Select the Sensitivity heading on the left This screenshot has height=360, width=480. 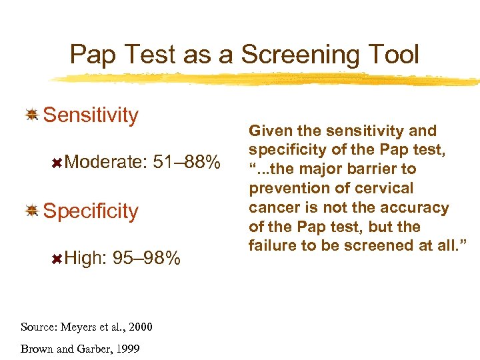pos(91,115)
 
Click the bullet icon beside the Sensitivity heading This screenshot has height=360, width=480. pos(31,115)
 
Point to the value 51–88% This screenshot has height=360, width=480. pos(186,162)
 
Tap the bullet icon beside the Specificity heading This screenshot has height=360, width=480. pos(31,211)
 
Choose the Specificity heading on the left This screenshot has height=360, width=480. pos(91,211)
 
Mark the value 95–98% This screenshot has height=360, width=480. pos(147,258)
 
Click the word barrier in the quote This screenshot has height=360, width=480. pos(370,169)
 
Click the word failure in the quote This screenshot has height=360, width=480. pos(273,245)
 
